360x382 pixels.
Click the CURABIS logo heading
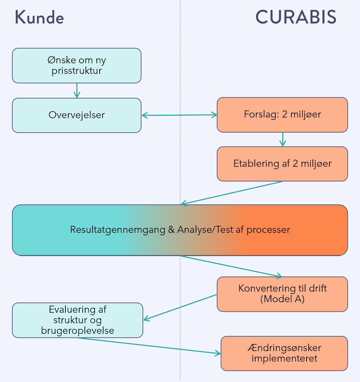click(296, 17)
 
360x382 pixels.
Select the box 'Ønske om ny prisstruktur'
click(77, 65)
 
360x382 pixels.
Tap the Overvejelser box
click(77, 115)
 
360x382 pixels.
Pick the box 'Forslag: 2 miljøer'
click(282, 115)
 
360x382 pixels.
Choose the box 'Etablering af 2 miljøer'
click(282, 164)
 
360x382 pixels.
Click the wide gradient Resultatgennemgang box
click(180, 230)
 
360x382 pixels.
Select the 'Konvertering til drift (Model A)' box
click(282, 294)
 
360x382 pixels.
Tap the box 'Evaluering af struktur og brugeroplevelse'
click(77, 320)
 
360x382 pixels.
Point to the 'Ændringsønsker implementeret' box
click(284, 353)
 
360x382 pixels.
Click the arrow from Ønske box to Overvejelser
click(77, 90)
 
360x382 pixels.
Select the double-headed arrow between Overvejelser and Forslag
click(179, 115)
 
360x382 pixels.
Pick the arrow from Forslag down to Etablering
click(282, 139)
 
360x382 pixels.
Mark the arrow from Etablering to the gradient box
click(232, 192)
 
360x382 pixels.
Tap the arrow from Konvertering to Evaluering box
click(180, 307)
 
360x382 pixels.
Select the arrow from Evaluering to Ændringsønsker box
click(148, 346)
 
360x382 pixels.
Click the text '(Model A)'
click(282, 299)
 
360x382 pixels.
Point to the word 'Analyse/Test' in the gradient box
click(198, 230)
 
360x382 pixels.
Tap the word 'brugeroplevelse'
click(77, 331)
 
